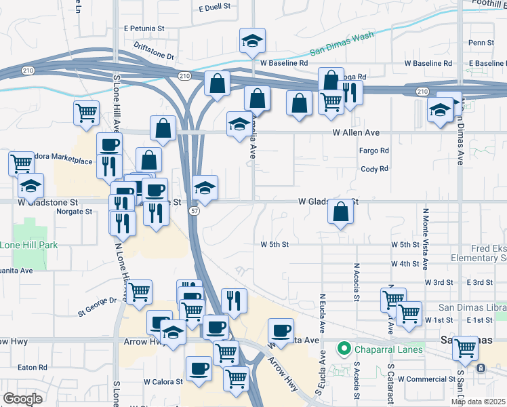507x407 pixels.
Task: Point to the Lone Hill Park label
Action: (28, 244)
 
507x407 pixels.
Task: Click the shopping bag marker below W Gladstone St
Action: (340, 212)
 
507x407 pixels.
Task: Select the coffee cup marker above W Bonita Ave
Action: (281, 331)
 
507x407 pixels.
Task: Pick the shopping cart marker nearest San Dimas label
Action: (466, 348)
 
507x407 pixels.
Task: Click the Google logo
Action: (22, 399)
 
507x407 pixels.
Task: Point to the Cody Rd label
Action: (374, 169)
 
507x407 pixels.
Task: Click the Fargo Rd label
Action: (374, 151)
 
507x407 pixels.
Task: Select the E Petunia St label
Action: (144, 28)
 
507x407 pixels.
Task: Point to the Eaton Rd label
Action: (33, 367)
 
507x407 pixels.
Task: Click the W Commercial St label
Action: (425, 379)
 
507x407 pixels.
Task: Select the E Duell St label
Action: (215, 8)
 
